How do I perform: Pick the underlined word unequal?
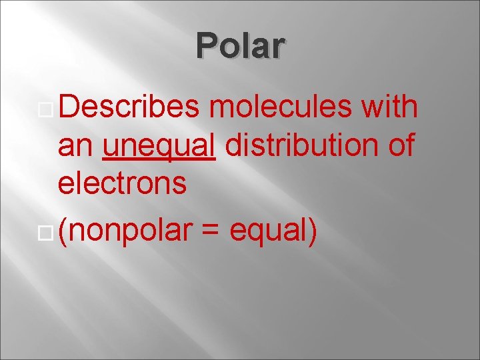pos(159,145)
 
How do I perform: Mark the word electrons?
pos(123,182)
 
